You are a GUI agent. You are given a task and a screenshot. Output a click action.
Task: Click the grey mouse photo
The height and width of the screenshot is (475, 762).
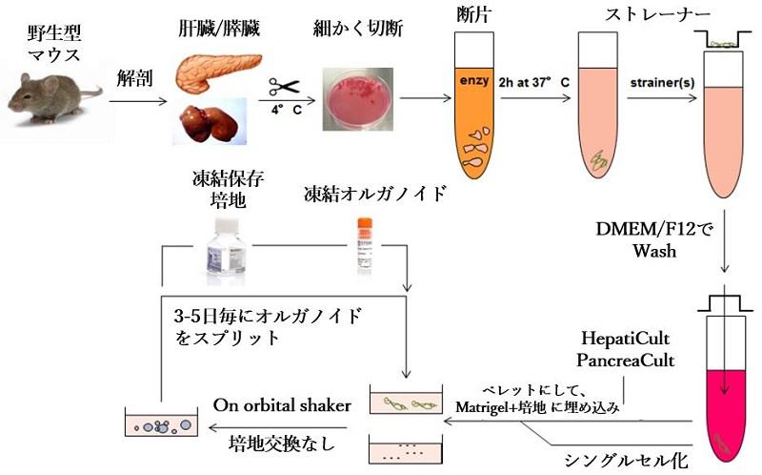tap(53, 95)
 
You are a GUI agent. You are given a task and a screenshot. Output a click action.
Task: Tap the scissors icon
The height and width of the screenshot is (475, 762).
tap(283, 87)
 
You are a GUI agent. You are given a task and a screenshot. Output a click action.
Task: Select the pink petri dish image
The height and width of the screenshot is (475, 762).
tap(358, 97)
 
